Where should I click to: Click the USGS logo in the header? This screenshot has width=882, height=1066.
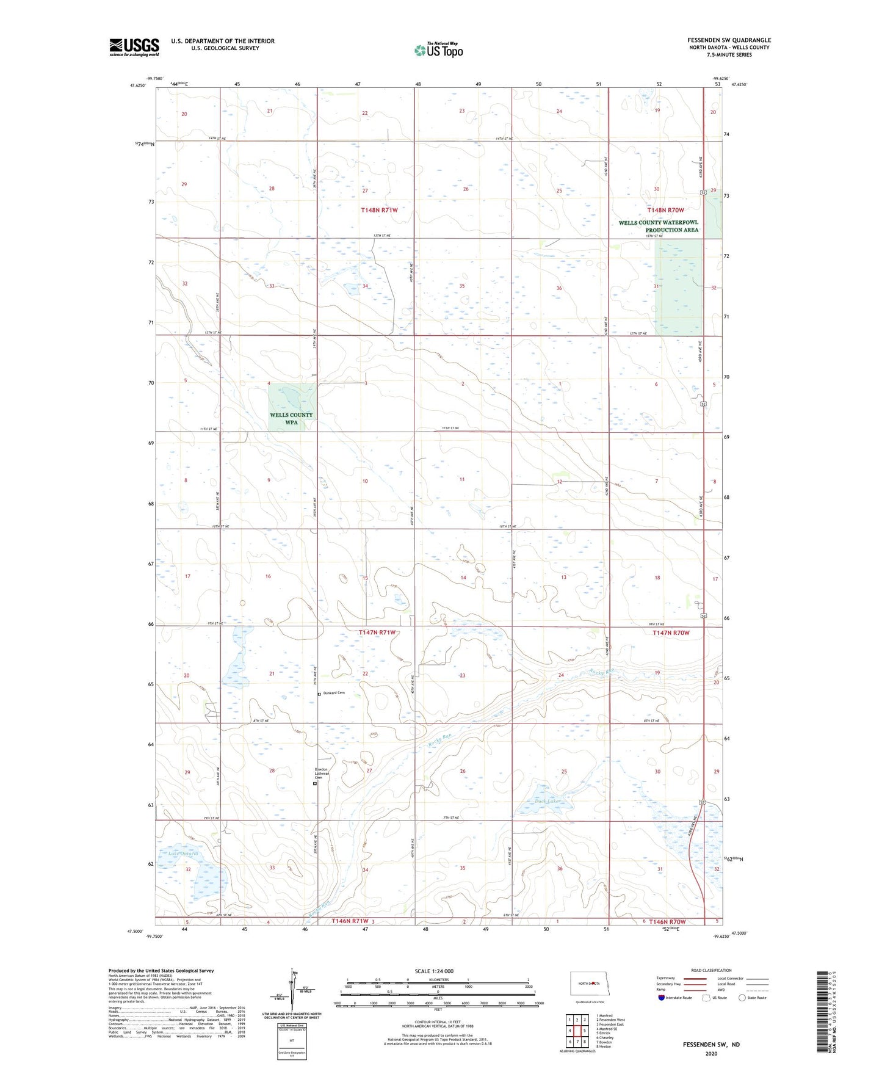tap(134, 47)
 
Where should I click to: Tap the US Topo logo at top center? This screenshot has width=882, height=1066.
tap(438, 50)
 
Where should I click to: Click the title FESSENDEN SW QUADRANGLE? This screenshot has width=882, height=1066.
tap(729, 40)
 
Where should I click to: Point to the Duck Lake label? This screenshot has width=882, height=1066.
tap(546, 800)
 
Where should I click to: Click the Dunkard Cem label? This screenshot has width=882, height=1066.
tap(334, 693)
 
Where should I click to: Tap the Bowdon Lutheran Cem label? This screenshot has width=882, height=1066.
tap(321, 773)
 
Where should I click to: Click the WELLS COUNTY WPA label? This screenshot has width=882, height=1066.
tap(291, 418)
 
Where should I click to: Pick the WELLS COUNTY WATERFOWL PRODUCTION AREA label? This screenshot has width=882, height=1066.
tap(659, 226)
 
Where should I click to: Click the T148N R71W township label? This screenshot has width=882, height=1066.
tap(379, 210)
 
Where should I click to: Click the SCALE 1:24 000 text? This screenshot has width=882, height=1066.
tap(434, 971)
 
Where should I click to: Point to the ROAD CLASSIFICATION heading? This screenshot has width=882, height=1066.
tap(711, 970)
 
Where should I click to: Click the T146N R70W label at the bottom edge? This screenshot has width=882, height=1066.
tap(667, 921)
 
